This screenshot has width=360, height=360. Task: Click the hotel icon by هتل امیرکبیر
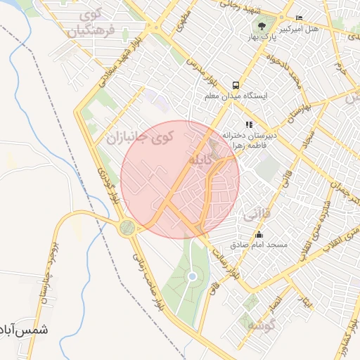coord(300,18)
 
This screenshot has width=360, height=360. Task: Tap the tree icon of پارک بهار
coord(262,27)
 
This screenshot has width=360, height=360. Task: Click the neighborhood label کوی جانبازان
coord(139,137)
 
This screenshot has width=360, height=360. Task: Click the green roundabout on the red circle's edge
coord(127,227)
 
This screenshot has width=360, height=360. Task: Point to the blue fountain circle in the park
coord(192,276)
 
